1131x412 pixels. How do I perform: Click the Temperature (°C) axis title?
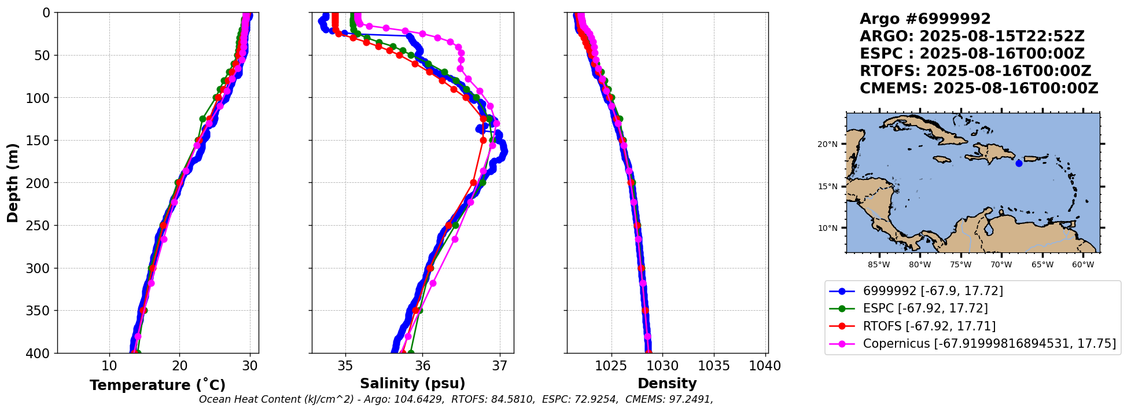coord(157,385)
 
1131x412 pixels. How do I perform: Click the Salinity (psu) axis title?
coord(412,384)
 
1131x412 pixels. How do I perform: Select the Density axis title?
coord(667,384)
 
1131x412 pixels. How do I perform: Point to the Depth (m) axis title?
coord(13,183)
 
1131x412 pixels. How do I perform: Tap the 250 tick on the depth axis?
coord(40,226)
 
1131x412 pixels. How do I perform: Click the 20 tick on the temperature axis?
coord(179,366)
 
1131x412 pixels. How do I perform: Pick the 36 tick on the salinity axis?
coord(422,366)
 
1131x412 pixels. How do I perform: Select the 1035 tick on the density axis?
coord(714,366)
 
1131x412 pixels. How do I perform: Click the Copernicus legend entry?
coord(989,344)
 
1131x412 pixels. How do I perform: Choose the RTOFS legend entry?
coord(929,326)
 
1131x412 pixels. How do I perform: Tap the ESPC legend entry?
coord(925,308)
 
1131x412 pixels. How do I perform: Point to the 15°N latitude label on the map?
coord(827,186)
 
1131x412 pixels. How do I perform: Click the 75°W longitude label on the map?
coord(960,265)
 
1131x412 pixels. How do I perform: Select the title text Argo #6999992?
coord(925,19)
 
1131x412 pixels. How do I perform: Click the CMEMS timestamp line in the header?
coord(979,89)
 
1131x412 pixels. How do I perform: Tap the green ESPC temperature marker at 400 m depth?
coord(137,353)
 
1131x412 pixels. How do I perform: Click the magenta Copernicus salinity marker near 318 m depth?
coord(433,283)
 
